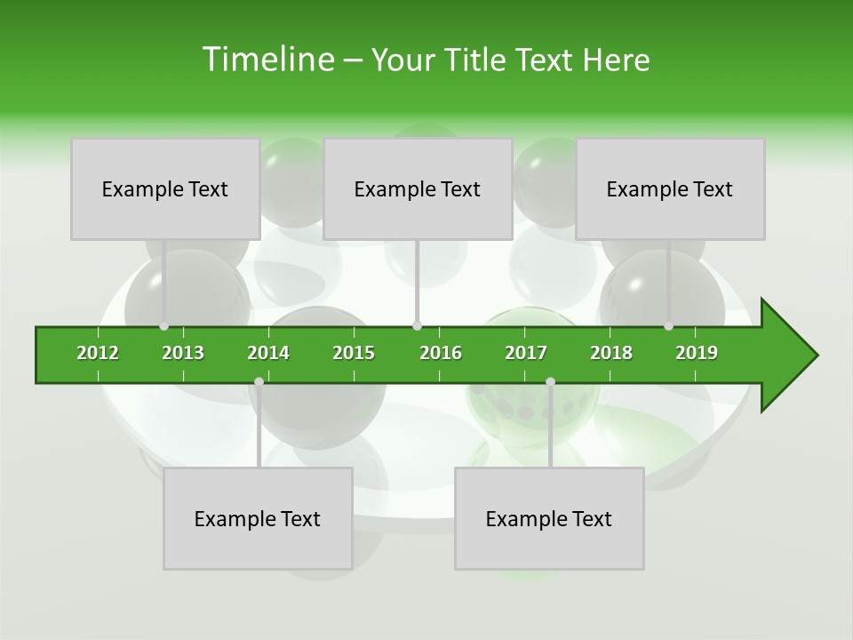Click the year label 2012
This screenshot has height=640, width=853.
coord(98,353)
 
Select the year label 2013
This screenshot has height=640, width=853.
coord(183,353)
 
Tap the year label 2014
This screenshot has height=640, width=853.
coord(268,353)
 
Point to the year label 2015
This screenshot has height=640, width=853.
coord(354,353)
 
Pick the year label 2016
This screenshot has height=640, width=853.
coord(441,353)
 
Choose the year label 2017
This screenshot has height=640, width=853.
coord(526,353)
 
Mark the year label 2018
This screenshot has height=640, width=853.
coord(611,353)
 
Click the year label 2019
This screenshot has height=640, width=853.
coord(697,353)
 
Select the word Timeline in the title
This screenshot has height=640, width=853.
coord(267,60)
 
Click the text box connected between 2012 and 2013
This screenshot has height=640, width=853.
coord(165,188)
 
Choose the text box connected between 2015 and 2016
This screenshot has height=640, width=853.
coord(418,188)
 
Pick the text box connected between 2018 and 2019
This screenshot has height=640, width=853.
coord(670,188)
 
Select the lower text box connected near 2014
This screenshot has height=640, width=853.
coord(258,518)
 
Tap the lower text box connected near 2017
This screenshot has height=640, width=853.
coord(549,518)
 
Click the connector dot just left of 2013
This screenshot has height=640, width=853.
coord(164,326)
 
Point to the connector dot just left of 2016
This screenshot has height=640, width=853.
coord(417,326)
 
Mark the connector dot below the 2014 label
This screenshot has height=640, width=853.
coord(259,381)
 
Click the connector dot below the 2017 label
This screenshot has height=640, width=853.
coord(550,381)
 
